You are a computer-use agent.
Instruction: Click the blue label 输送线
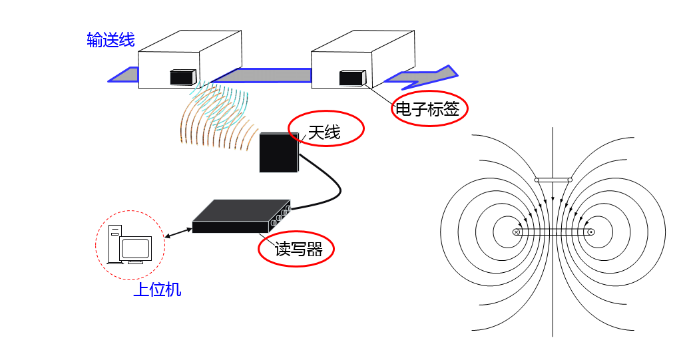tap(111, 41)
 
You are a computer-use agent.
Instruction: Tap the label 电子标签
tap(428, 109)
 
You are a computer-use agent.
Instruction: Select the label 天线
tap(324, 132)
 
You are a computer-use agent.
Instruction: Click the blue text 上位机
tap(157, 290)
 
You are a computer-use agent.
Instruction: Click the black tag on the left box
tap(182, 77)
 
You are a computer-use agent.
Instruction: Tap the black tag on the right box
tap(351, 78)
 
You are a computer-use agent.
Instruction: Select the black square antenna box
tap(278, 152)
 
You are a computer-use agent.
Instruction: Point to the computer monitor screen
tap(137, 248)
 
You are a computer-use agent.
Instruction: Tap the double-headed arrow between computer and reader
tap(178, 232)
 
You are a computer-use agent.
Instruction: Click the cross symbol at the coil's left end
tap(516, 232)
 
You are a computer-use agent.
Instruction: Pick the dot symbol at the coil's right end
tap(591, 232)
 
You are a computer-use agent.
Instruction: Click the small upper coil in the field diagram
tap(553, 180)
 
